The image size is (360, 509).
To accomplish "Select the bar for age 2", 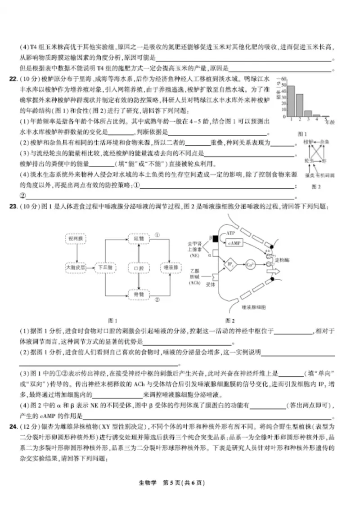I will tap(300, 105).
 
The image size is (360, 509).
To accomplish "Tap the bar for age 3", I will tap(308, 114).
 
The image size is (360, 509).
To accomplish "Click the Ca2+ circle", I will tap(251, 264).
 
